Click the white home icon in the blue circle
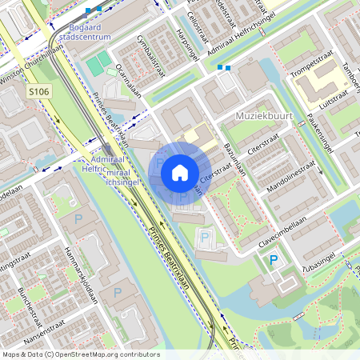pos(180,172)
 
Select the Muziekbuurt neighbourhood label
pos(265,117)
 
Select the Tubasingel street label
pos(319,263)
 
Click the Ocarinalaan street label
pos(128,80)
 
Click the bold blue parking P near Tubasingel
pos(274,260)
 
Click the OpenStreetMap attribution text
pos(80,354)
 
